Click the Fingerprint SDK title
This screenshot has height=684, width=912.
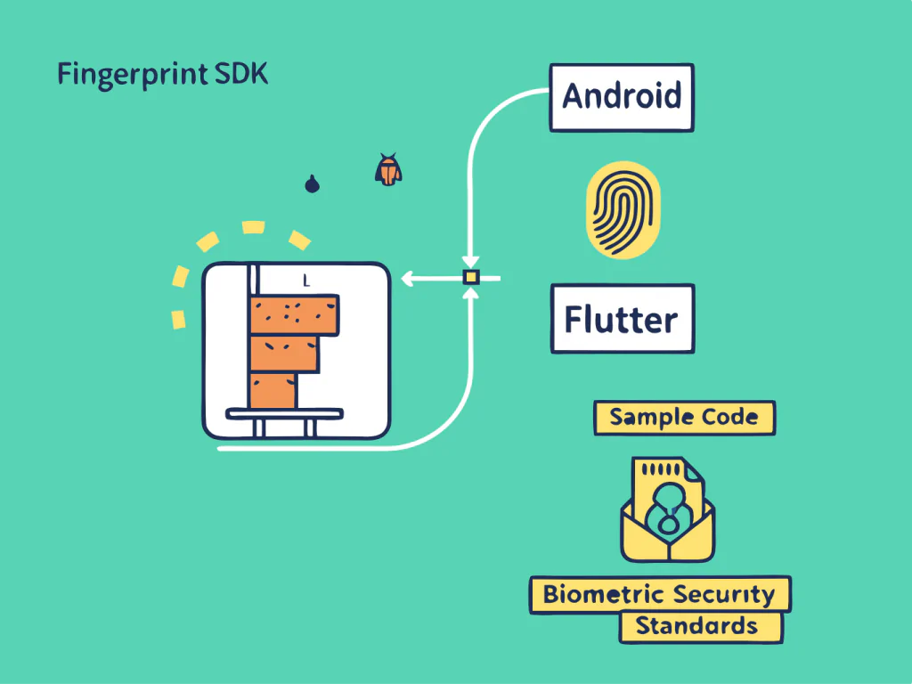pos(162,75)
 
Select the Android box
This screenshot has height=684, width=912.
pos(622,95)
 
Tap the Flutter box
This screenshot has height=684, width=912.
pos(622,319)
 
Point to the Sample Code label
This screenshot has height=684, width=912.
pos(684,418)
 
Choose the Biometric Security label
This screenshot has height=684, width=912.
pos(659,595)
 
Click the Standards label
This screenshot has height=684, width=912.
pos(700,626)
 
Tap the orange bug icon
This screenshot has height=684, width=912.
pos(387,169)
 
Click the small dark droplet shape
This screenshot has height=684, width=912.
pos(312,184)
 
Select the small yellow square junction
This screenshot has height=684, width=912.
pos(471,278)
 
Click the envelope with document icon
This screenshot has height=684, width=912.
pos(667,512)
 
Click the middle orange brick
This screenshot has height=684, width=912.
pos(284,354)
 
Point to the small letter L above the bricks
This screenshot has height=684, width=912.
pos(305,281)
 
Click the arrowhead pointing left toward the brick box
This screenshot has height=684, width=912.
pos(407,279)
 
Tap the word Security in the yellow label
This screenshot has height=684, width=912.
pos(723,595)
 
